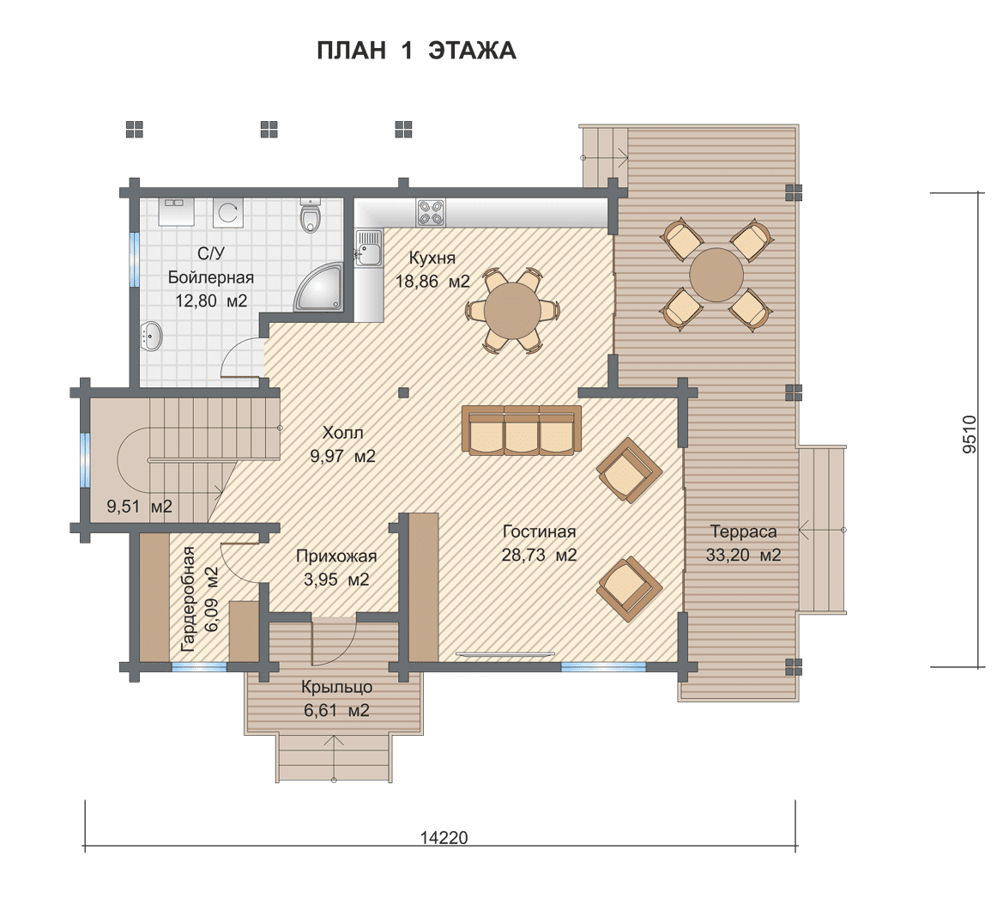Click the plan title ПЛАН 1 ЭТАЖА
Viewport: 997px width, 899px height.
pos(416,51)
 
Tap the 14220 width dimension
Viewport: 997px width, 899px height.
pos(444,837)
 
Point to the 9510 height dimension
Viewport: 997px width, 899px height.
pos(969,434)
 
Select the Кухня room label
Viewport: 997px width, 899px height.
pos(432,258)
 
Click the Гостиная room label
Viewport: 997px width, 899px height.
pos(539,532)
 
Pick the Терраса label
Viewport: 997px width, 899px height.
pos(743,532)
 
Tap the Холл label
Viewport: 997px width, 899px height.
pos(342,433)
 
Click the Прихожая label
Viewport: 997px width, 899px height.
pos(336,556)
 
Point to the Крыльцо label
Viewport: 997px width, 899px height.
pos(336,687)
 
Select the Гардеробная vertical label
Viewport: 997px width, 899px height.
pos(188,599)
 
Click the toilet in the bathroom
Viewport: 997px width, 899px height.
pos(311,216)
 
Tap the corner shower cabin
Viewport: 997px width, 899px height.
pos(318,289)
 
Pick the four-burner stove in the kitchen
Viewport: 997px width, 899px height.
pos(431,212)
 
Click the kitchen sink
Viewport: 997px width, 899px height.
pos(368,247)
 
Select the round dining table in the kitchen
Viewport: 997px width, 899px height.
pos(512,311)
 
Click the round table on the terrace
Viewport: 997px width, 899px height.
pos(716,274)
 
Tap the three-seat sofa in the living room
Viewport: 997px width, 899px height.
pos(522,430)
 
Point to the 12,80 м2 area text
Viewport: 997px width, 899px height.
pos(211,301)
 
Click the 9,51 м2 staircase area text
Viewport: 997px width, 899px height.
pos(139,507)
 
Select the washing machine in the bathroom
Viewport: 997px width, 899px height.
pos(227,212)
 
